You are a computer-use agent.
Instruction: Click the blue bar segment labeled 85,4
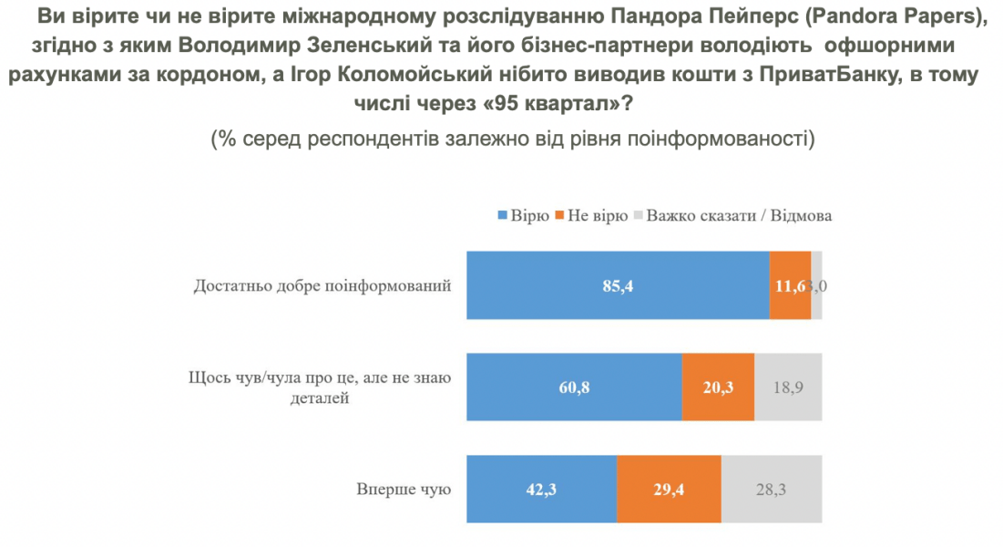[618, 285]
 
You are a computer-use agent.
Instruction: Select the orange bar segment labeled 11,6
[790, 285]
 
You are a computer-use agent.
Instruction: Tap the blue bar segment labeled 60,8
[574, 387]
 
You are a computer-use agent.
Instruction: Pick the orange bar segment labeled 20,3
[718, 387]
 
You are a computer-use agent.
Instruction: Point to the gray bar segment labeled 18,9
[788, 387]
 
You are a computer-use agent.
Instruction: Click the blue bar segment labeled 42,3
[541, 490]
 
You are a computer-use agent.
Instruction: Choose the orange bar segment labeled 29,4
[669, 490]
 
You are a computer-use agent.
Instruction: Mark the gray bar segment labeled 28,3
[772, 490]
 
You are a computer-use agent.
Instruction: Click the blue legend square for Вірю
[502, 217]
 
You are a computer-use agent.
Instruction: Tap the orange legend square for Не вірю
[559, 217]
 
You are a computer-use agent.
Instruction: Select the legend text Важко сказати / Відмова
[740, 217]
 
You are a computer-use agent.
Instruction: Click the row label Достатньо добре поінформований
[323, 286]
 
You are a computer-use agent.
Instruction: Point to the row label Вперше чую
[404, 490]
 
